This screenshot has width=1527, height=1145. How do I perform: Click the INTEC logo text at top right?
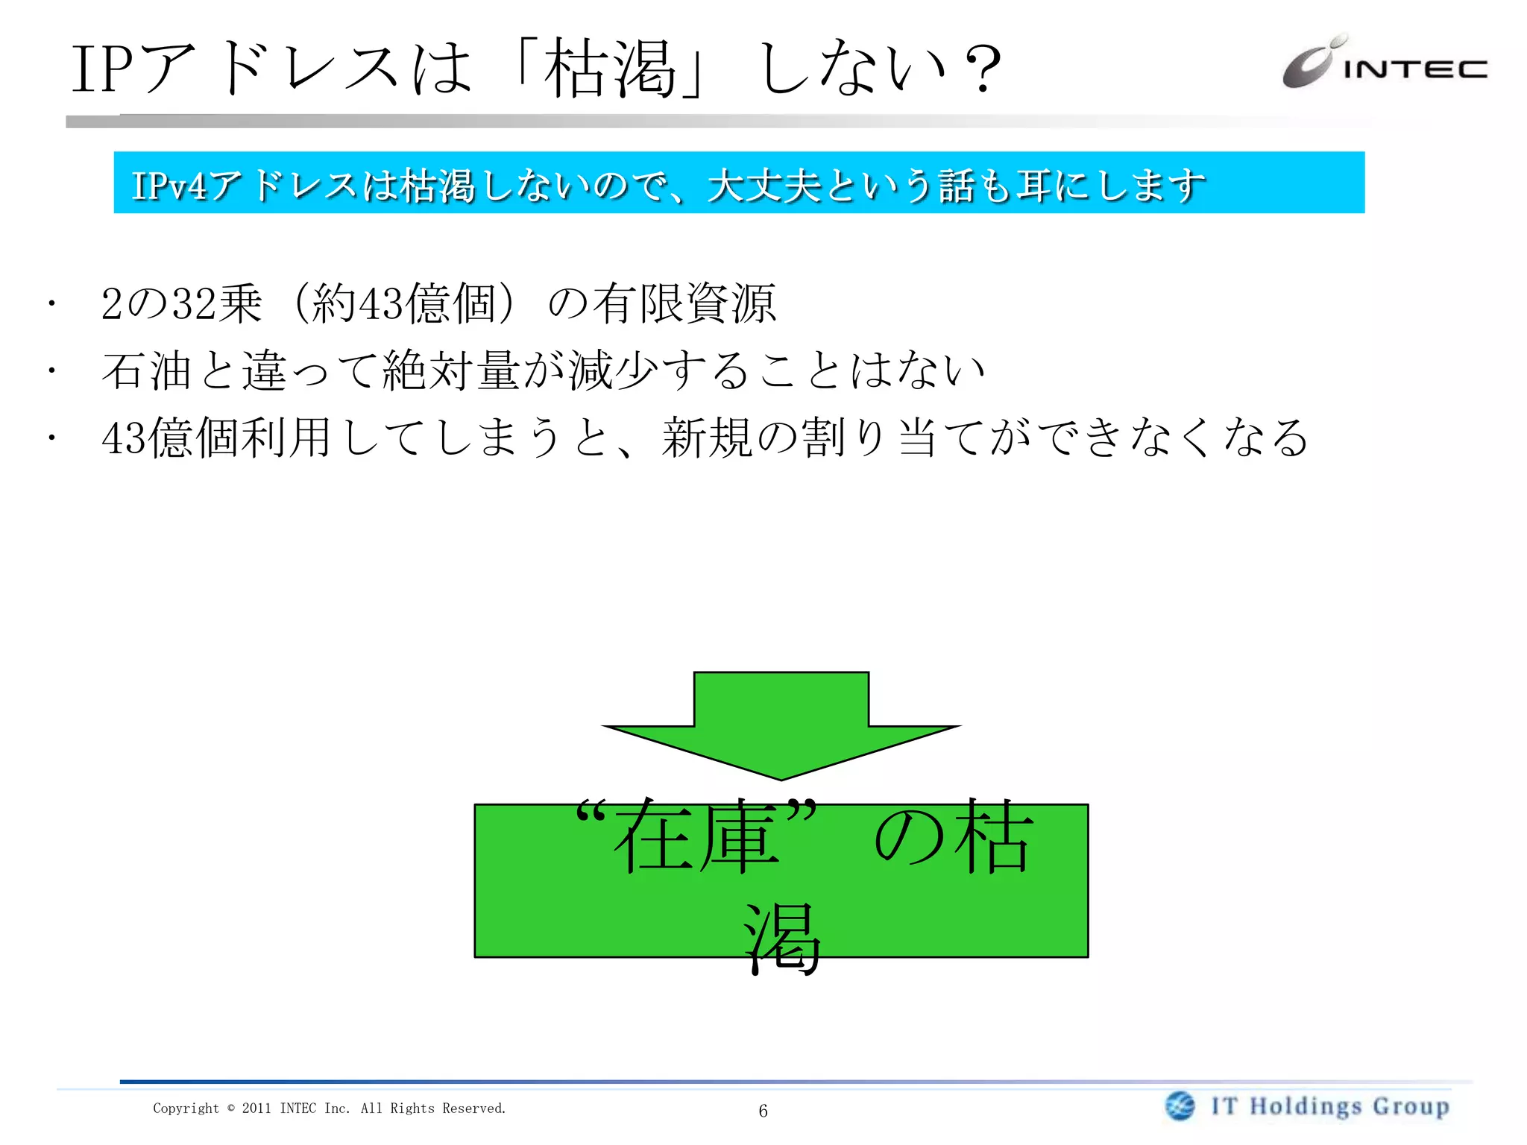click(1414, 69)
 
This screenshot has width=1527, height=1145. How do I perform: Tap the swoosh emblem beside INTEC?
click(1310, 63)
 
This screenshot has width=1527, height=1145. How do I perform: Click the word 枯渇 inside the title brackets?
click(609, 69)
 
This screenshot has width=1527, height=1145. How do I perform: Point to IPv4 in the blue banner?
click(169, 186)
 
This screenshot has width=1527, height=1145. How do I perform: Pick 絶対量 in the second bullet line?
click(451, 370)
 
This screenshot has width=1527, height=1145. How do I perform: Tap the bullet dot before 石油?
click(51, 370)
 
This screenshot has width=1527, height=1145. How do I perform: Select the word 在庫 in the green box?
click(696, 837)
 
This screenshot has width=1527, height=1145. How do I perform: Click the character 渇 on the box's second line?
click(781, 938)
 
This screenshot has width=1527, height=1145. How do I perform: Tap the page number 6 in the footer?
click(763, 1111)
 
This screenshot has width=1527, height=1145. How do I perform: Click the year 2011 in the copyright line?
click(256, 1108)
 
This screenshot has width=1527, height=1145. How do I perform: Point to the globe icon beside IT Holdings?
click(1180, 1105)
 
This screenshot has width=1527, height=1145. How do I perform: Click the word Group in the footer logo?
click(1411, 1106)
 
